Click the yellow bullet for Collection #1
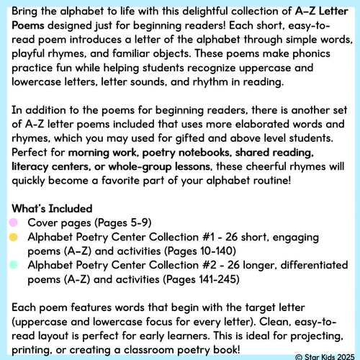pyautogui.click(x=14, y=237)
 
